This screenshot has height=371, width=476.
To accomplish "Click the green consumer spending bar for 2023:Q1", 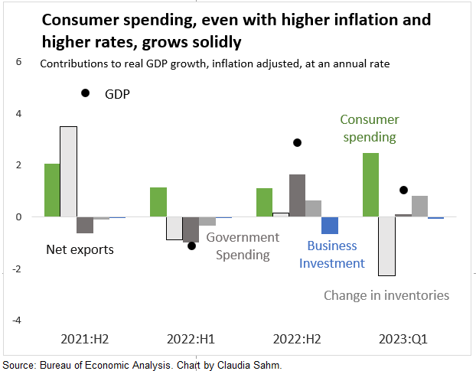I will [x=370, y=184].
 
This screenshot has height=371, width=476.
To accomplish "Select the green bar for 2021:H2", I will [x=52, y=190].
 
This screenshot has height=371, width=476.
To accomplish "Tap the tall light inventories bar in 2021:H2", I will [x=68, y=171].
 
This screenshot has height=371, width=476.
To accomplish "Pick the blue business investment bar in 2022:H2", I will [x=330, y=225].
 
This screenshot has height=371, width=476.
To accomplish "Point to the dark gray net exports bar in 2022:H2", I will [x=297, y=195].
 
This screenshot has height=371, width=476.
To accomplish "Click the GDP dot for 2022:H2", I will [x=297, y=142].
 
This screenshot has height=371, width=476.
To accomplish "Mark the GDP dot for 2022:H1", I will [x=191, y=246].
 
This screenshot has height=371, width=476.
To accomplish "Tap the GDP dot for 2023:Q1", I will [x=403, y=190].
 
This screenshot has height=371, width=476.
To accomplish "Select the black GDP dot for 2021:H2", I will [x=85, y=93].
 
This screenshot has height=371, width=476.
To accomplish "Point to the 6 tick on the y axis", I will [x=19, y=62].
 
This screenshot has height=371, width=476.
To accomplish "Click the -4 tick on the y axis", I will [x=18, y=319].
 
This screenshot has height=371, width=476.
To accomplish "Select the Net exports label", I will [x=80, y=249].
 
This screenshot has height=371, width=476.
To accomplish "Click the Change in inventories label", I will [x=386, y=295].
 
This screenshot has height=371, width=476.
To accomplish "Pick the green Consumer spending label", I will [x=369, y=129].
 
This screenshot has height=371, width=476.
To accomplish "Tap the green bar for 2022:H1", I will [x=158, y=202].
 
